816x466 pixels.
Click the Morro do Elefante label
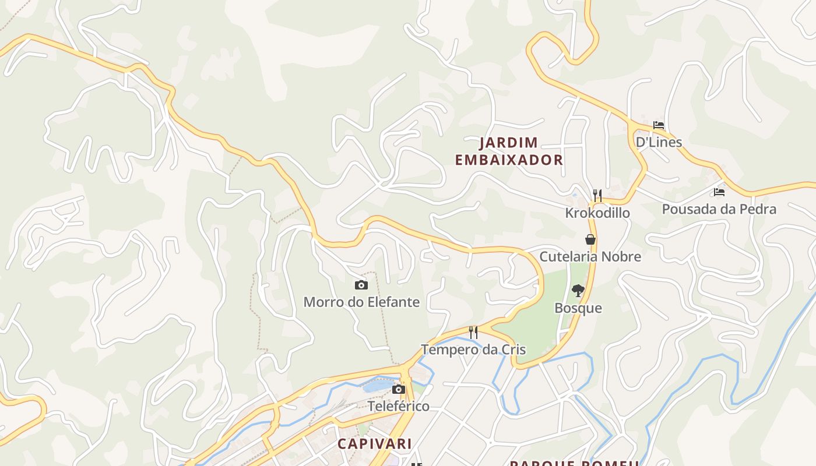(x=361, y=302)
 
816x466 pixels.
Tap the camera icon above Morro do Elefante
(x=361, y=285)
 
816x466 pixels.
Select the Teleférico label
(x=399, y=406)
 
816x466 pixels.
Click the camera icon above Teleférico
(x=399, y=389)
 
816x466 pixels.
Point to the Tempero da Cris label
(x=473, y=349)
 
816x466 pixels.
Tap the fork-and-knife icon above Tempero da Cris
(x=473, y=333)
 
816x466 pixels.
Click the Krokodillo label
(x=597, y=213)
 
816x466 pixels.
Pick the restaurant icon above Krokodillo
(x=597, y=196)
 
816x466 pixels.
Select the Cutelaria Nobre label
(x=590, y=256)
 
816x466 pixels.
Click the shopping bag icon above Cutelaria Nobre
(x=590, y=239)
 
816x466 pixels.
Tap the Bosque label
(x=578, y=308)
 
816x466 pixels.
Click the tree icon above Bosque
(x=578, y=290)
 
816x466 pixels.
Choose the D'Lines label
(x=659, y=142)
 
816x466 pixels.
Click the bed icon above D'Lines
(x=659, y=125)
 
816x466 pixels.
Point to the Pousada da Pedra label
(x=719, y=209)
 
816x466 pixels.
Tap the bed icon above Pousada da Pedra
(x=719, y=192)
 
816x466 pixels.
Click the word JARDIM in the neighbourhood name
(x=509, y=143)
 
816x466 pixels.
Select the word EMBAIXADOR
(x=509, y=160)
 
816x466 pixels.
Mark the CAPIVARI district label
(x=375, y=443)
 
